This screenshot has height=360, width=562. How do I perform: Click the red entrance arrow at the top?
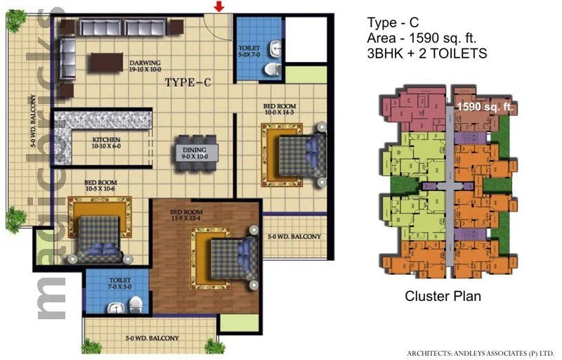[x=220, y=7]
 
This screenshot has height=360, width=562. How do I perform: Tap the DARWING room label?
[x=145, y=66]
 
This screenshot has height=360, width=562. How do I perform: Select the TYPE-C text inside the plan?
[x=188, y=83]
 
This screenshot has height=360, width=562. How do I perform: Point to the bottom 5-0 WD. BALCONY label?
[x=152, y=338]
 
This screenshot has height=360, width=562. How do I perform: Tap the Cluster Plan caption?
[x=443, y=296]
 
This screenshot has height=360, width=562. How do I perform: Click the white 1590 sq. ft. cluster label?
[x=486, y=108]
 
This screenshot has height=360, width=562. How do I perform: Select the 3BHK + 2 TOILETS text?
[x=427, y=53]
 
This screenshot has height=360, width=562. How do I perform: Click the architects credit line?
[x=481, y=352]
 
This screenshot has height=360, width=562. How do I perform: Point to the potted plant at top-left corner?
[x=15, y=20]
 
